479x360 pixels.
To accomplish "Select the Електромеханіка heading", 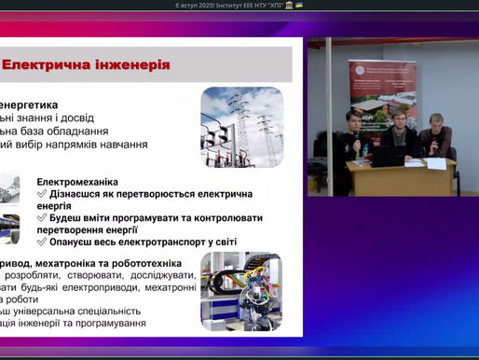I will point(78,182).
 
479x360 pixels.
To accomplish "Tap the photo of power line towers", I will point(241,127).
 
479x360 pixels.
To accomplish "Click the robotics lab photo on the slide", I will point(241,291).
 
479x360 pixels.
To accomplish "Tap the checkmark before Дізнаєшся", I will point(42,193).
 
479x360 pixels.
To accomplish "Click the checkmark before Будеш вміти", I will point(42,217).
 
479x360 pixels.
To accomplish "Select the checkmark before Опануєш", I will point(42,241).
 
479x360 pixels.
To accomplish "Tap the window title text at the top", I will point(239,6).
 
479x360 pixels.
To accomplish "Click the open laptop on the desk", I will point(388,156).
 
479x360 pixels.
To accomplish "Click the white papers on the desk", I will point(434,163).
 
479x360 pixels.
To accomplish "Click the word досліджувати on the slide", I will point(163,275).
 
